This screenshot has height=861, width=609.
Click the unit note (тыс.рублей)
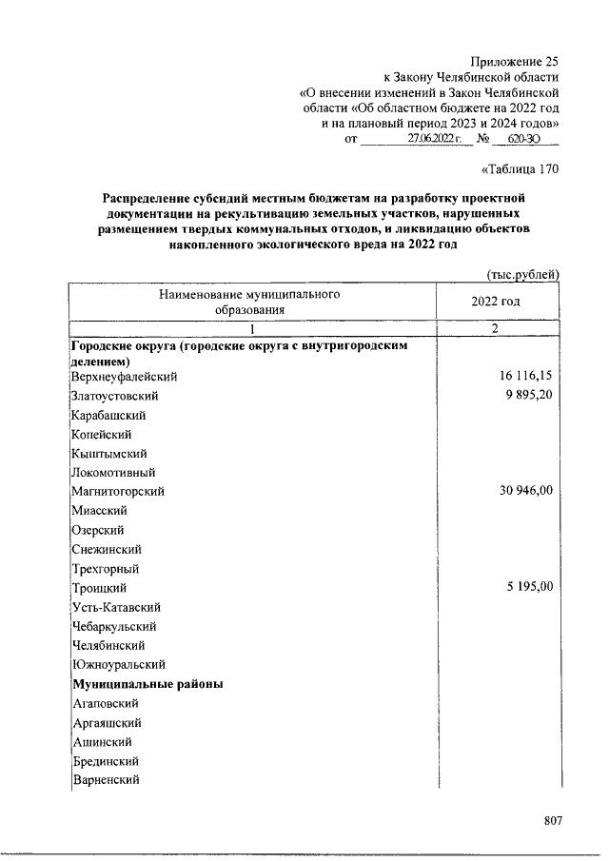[x=522, y=274]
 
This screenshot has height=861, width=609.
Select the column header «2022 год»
[x=495, y=301]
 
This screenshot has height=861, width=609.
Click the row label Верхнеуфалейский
[x=125, y=377]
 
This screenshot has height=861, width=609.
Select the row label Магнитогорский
[x=119, y=492]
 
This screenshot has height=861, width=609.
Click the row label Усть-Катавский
[x=116, y=607]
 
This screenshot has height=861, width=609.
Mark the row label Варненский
[x=107, y=780]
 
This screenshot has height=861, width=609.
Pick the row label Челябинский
[x=108, y=645]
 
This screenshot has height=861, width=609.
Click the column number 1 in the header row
[x=251, y=328]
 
